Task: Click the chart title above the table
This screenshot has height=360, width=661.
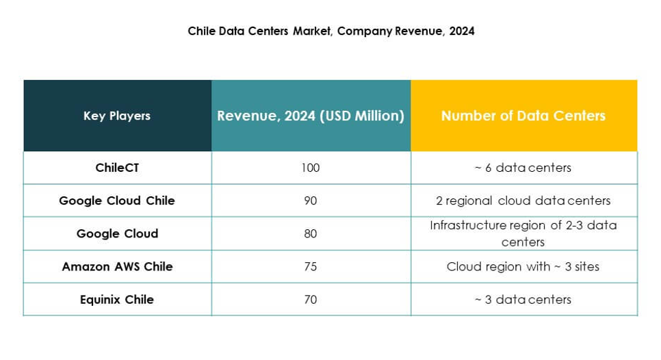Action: pyautogui.click(x=331, y=31)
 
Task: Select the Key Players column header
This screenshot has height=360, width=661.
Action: pyautogui.click(x=117, y=116)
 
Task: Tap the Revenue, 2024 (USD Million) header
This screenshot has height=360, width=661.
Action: pyautogui.click(x=311, y=116)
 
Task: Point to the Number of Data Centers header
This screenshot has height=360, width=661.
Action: pyautogui.click(x=523, y=116)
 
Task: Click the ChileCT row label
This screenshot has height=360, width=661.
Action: pyautogui.click(x=117, y=168)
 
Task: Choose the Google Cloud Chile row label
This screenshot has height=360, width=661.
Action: pyautogui.click(x=117, y=201)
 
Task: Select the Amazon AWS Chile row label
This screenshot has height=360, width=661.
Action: pyautogui.click(x=117, y=266)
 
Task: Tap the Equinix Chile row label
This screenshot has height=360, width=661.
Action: pyautogui.click(x=117, y=299)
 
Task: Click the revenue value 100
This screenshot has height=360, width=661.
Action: pyautogui.click(x=311, y=168)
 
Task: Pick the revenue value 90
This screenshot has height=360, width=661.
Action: pyautogui.click(x=311, y=201)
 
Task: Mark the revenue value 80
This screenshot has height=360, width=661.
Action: pyautogui.click(x=311, y=233)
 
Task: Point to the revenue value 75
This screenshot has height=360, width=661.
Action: pyautogui.click(x=311, y=266)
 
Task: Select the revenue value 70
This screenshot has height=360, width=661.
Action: pyautogui.click(x=311, y=299)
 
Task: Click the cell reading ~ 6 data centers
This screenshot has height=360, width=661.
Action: pyautogui.click(x=523, y=168)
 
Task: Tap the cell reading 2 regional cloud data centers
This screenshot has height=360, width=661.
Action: pyautogui.click(x=523, y=201)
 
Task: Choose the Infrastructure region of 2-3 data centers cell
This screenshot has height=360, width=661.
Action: pyautogui.click(x=523, y=233)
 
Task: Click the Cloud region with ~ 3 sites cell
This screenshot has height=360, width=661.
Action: pyautogui.click(x=523, y=266)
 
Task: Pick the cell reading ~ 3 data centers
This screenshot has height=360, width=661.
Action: pyautogui.click(x=523, y=299)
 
